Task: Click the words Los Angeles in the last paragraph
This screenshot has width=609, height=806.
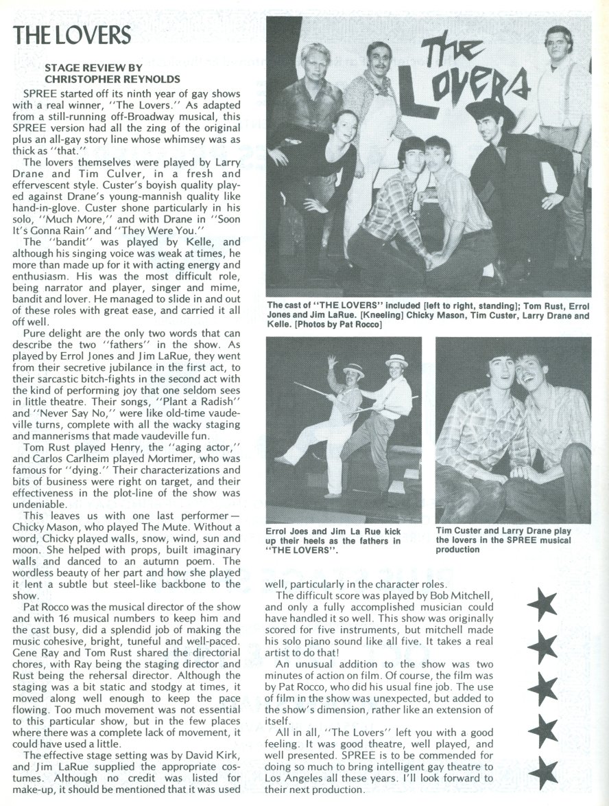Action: [x=300, y=778]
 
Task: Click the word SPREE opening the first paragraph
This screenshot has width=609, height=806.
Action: [x=40, y=92]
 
